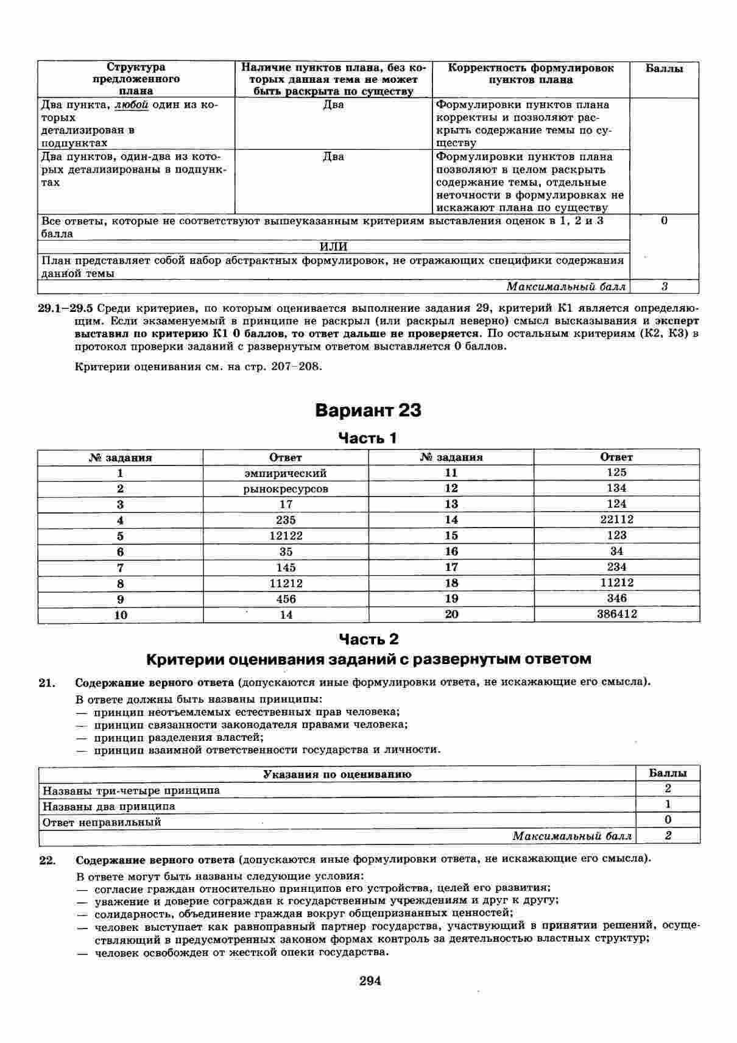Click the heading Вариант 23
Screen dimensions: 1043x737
(x=368, y=411)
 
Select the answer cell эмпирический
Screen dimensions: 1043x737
(x=286, y=473)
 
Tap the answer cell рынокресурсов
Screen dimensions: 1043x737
(x=286, y=489)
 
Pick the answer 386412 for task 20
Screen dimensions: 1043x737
(x=616, y=614)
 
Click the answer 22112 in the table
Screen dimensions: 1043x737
(x=616, y=520)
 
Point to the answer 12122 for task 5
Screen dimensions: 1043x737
(x=286, y=536)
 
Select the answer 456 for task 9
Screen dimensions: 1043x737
(x=286, y=599)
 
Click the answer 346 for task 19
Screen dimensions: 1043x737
(x=616, y=598)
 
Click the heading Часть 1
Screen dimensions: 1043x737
(x=367, y=438)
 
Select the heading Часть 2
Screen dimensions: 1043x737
(x=368, y=639)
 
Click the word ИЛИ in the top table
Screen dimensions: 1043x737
(x=333, y=247)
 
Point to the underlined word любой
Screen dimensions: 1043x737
(x=132, y=105)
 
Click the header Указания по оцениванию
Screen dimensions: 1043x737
(x=337, y=774)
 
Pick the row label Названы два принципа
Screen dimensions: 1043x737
(x=108, y=806)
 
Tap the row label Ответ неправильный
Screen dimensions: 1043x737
(x=102, y=822)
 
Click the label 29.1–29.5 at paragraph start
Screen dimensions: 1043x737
(x=65, y=308)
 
